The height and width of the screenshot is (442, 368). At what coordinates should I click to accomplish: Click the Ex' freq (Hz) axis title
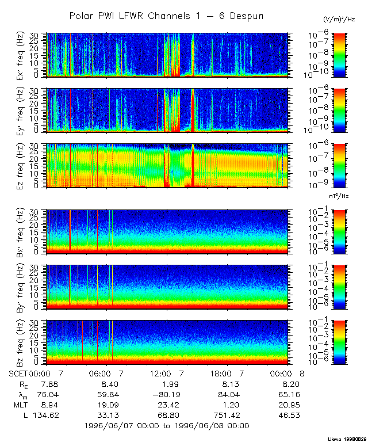click(x=26, y=55)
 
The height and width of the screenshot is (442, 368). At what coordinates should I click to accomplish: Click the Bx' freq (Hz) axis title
click(x=26, y=231)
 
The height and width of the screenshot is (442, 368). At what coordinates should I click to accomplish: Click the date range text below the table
click(x=166, y=426)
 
